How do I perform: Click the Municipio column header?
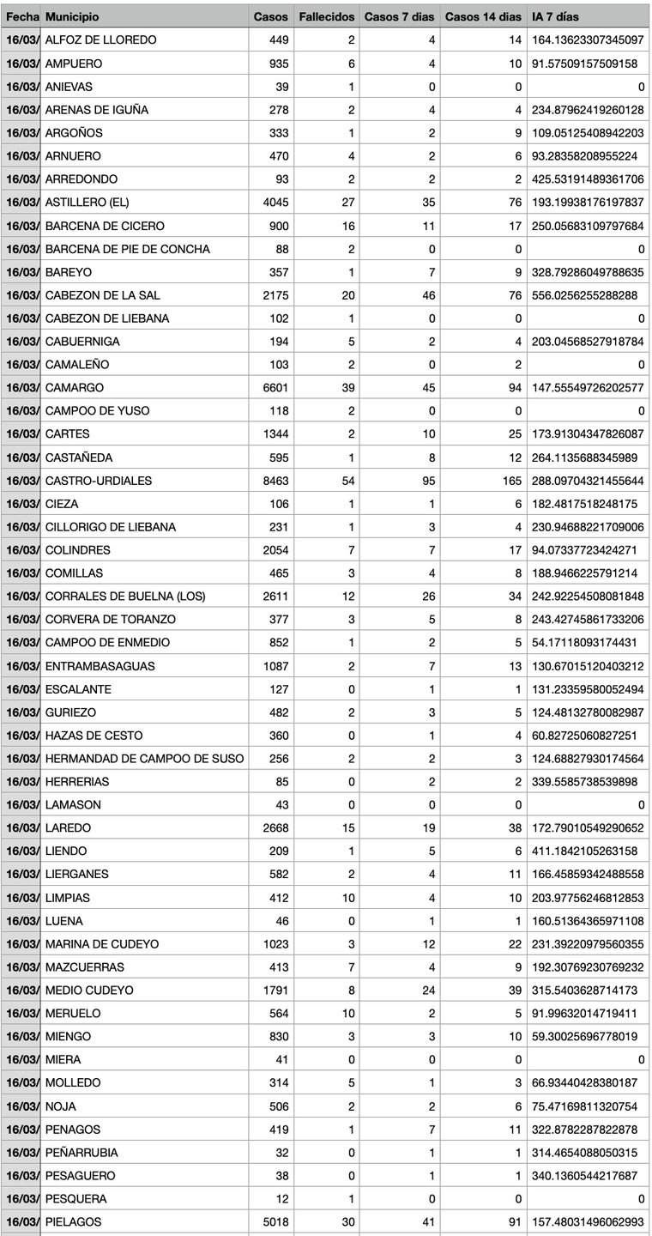[72, 17]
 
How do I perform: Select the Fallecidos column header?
[326, 17]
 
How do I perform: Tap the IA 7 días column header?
[555, 17]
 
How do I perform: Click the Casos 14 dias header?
[483, 17]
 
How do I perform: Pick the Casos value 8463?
[276, 481]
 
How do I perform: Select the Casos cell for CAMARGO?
[276, 388]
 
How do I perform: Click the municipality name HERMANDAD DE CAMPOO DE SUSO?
[144, 759]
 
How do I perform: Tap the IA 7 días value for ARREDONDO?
[586, 179]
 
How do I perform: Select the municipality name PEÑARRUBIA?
[81, 1153]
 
